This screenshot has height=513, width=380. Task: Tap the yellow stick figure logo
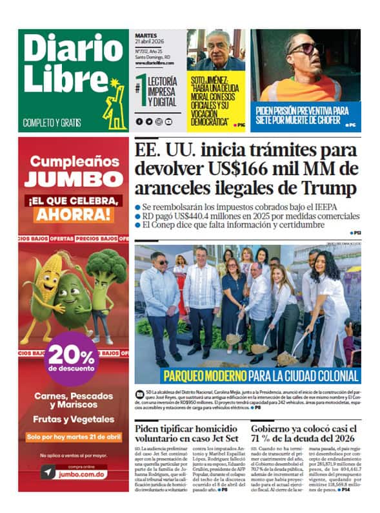115,103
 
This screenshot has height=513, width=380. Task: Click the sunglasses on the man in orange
304,50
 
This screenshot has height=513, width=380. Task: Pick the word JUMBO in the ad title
74,179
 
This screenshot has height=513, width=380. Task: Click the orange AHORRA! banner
73,215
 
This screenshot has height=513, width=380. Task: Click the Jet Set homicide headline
186,435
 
